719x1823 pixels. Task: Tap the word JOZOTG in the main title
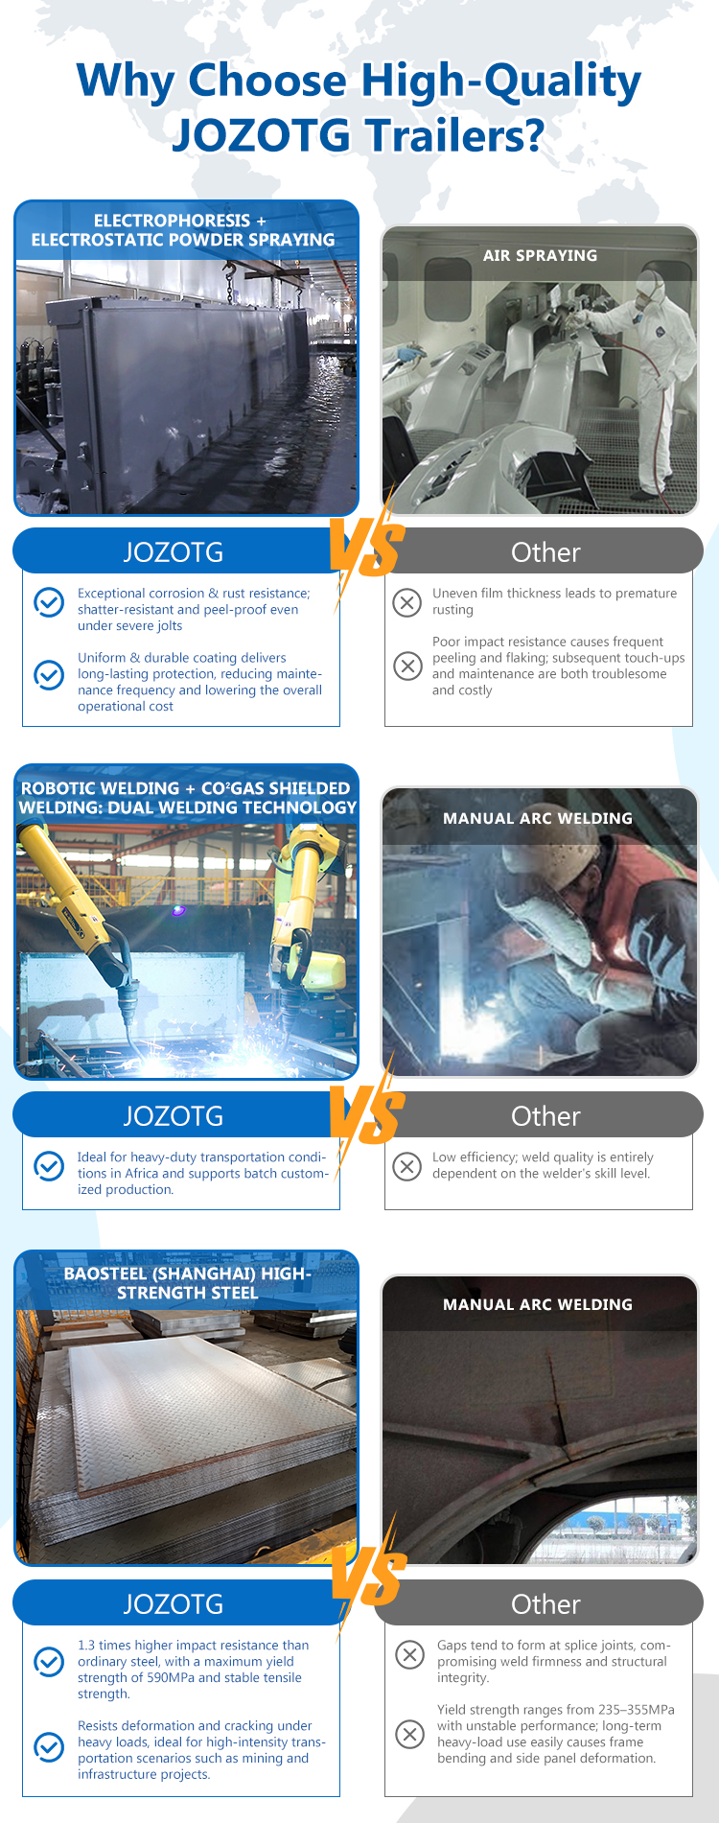(x=262, y=135)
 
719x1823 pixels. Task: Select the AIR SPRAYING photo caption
(x=540, y=256)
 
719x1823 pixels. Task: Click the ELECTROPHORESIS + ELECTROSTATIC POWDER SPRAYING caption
(x=182, y=230)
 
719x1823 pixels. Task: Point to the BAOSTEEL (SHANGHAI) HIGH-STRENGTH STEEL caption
(x=188, y=1283)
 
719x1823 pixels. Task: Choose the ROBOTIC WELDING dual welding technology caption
(x=187, y=798)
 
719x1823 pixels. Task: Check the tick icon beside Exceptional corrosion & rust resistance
(x=49, y=601)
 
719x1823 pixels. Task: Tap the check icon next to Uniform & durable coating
(x=49, y=674)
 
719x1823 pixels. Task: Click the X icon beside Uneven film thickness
(x=407, y=602)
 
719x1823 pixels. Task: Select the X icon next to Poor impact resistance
(x=407, y=666)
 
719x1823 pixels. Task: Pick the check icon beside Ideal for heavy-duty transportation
(x=49, y=1165)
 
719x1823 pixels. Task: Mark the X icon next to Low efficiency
(x=407, y=1166)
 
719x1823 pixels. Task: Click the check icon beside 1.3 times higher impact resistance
(x=49, y=1662)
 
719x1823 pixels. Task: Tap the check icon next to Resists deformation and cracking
(x=49, y=1747)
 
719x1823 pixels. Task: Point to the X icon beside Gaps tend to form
(x=409, y=1654)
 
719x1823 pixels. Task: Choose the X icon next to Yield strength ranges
(x=409, y=1734)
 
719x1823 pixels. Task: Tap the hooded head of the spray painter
(x=651, y=287)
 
